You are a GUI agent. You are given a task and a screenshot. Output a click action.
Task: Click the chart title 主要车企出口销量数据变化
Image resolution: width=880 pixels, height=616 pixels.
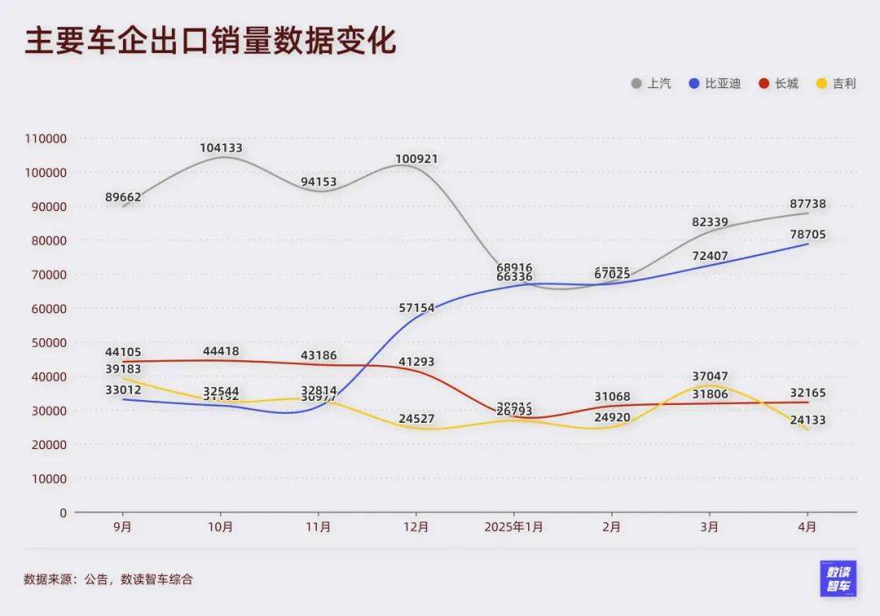[210, 42]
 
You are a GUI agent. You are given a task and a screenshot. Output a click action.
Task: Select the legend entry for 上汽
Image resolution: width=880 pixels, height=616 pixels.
[652, 83]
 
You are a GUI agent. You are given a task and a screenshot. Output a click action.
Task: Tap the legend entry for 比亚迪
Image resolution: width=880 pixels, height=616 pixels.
[715, 83]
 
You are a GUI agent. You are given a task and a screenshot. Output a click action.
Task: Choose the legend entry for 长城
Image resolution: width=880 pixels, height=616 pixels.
[779, 83]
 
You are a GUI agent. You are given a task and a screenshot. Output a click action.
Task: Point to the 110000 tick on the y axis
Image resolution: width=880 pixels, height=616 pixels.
[46, 139]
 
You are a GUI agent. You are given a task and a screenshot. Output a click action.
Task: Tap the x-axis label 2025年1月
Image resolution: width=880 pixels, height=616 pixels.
[514, 526]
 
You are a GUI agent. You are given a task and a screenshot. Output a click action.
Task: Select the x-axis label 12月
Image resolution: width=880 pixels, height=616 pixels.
[416, 526]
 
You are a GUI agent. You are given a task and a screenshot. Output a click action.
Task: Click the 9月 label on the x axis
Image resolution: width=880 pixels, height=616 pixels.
[123, 526]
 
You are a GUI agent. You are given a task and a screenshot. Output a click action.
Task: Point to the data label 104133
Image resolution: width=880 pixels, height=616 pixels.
[221, 148]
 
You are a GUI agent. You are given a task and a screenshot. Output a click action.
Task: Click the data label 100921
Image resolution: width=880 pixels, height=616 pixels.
[416, 158]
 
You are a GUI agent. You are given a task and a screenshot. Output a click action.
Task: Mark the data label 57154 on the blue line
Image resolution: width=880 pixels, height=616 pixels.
[416, 308]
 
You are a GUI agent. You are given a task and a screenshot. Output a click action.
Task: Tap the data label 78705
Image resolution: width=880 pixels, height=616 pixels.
[807, 235]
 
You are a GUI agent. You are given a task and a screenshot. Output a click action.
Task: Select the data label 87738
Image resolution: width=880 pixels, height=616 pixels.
[807, 204]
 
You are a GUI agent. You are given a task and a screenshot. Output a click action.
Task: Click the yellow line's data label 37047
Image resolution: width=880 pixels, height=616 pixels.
[710, 376]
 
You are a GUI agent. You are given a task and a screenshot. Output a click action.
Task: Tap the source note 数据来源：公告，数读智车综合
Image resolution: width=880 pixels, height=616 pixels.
[108, 579]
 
